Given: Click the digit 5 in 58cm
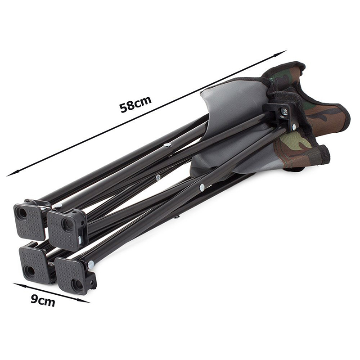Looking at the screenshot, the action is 124,108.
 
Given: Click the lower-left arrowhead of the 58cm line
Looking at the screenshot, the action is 13,174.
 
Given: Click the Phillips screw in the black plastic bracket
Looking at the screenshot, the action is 284,111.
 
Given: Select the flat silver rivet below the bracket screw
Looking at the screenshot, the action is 294,126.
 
